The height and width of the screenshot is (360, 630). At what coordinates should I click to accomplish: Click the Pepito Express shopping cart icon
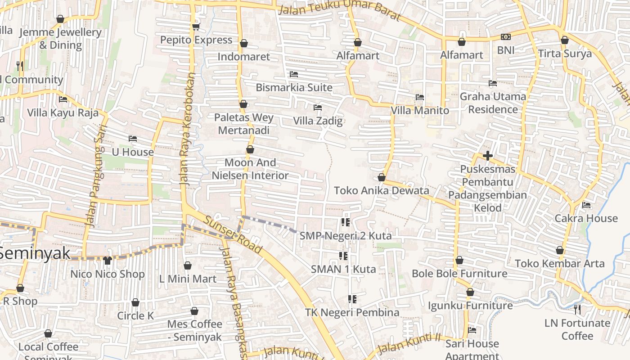tap(196, 27)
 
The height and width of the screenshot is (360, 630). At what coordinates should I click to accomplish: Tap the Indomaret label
tap(243, 57)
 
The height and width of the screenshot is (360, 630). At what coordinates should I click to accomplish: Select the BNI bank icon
tap(506, 37)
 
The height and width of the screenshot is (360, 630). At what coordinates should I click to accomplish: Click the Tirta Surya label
tap(565, 54)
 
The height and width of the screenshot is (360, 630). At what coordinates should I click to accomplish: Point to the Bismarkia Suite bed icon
tap(294, 74)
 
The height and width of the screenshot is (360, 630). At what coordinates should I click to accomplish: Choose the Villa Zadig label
tap(318, 121)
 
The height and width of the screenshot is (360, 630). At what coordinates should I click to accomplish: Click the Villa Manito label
tap(419, 111)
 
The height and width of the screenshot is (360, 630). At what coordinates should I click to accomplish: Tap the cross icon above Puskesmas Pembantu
tap(487, 156)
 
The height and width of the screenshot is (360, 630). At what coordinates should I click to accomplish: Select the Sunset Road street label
tap(233, 234)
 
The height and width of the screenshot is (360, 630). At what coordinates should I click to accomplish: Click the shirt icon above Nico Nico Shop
tap(107, 260)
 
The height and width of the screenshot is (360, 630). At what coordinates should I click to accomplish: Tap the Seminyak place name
tap(35, 253)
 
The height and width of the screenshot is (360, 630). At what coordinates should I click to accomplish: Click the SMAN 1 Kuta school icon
tap(343, 256)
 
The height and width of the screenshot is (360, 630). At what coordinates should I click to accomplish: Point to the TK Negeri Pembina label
tap(352, 312)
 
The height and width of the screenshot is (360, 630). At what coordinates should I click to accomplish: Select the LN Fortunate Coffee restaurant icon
tap(577, 309)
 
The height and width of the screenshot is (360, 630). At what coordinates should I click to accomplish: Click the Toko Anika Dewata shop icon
tap(382, 177)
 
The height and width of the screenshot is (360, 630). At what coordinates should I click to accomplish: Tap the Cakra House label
tap(586, 219)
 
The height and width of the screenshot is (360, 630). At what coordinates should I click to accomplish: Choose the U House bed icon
tap(132, 139)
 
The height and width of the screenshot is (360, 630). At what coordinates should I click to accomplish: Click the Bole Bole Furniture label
tap(459, 274)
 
